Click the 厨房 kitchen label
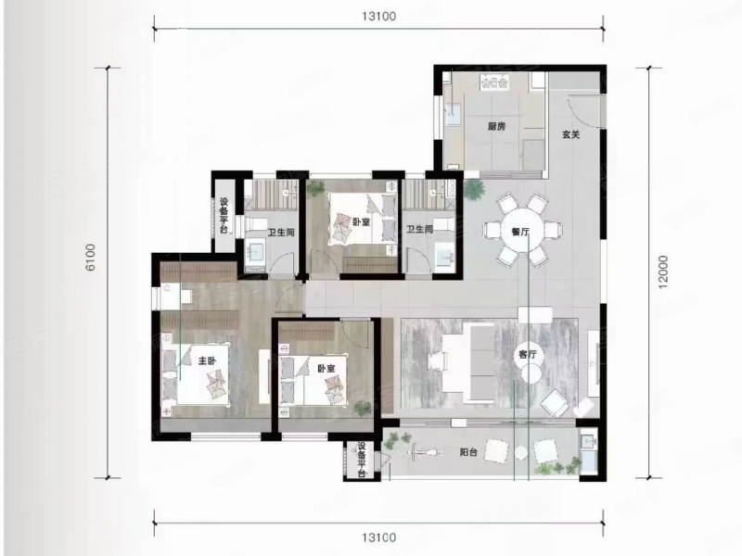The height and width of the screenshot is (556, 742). coord(496,126)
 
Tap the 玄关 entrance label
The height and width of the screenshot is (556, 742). coord(571,134)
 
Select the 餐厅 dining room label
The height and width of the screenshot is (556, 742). coord(520,232)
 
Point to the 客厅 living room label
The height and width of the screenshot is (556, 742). coord(528,354)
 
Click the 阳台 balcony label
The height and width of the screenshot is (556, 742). coord(468,452)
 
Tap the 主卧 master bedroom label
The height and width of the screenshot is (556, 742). coord(207,360)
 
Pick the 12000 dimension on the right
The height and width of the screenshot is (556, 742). coord(663,272)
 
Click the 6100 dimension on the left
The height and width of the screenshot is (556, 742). coord(90,258)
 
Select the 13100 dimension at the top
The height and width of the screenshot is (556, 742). coord(378,17)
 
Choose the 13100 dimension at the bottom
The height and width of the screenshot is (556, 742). coord(378,537)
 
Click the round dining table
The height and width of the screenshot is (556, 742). coord(520,231)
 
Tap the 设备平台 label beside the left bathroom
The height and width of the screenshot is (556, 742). coord(224,216)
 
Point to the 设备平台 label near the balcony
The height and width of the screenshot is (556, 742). coord(362,460)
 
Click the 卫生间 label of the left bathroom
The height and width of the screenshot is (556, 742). coord(281,233)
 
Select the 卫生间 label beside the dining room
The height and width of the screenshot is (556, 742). coord(420,229)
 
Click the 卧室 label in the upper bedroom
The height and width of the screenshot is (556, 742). coord(361,221)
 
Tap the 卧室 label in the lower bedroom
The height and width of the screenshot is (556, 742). coord(326,368)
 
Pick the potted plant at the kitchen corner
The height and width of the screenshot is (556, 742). coord(474,188)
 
